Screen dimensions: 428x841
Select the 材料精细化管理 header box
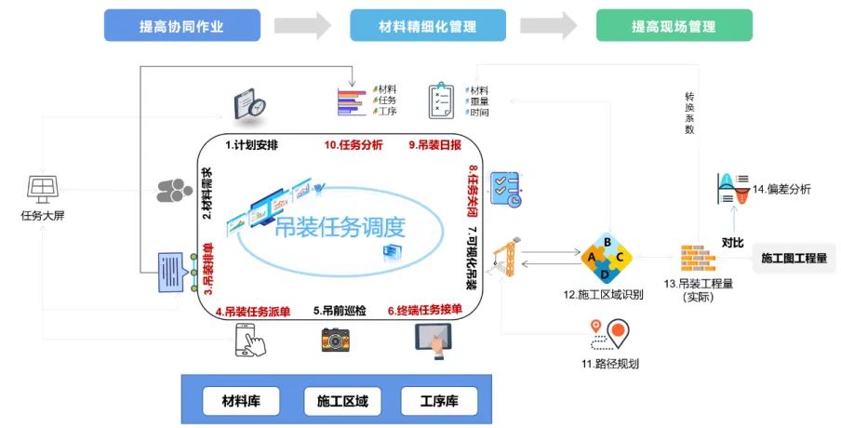(x=428, y=27)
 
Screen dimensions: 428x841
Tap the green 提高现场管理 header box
(x=674, y=27)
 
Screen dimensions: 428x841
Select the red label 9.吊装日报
(x=434, y=145)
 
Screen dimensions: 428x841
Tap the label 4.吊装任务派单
(x=252, y=312)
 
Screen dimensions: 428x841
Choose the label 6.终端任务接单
(x=426, y=312)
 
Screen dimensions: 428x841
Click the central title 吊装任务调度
(x=340, y=228)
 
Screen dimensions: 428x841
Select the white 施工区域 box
(x=336, y=402)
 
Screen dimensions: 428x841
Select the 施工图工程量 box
(x=794, y=258)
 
